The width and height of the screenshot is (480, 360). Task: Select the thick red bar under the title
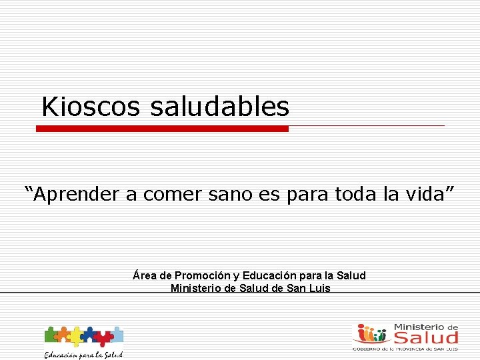coord(162,129)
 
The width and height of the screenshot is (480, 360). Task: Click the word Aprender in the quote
coord(77,194)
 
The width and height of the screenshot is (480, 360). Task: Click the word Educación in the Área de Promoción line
coord(268,276)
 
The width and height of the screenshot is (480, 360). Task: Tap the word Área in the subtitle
coord(145,276)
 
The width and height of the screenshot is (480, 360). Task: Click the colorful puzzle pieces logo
coord(83,335)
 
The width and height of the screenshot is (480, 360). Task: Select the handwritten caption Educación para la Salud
coord(83,354)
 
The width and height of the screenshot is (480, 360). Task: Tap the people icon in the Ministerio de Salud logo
coord(371,333)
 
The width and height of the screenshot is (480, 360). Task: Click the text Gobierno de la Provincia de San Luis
coord(405,348)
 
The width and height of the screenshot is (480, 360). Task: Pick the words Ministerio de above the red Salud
coord(426,327)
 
